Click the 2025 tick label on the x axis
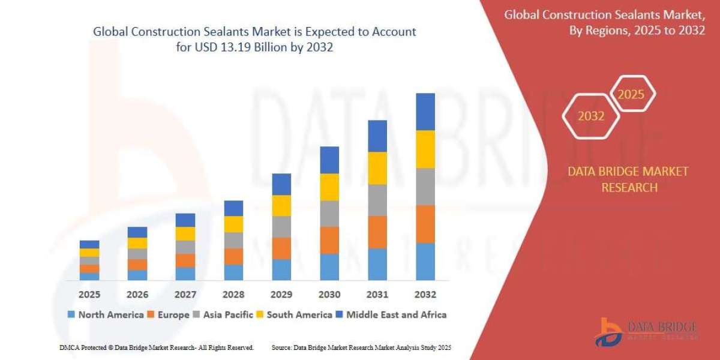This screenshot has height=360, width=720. (89, 295)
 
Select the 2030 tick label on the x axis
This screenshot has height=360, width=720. (329, 295)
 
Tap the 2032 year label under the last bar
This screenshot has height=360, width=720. (425, 295)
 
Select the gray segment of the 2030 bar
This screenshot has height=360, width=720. (329, 214)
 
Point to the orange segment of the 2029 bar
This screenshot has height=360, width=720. (281, 248)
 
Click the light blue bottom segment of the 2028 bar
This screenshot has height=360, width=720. (233, 272)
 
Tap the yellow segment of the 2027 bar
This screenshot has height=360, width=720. (185, 234)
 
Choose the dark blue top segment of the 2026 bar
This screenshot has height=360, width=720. (137, 232)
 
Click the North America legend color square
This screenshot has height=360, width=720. (72, 314)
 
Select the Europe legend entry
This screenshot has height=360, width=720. (170, 314)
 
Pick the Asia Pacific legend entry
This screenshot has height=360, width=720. (223, 314)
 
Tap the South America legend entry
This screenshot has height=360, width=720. (295, 314)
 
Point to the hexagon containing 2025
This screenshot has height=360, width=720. (631, 95)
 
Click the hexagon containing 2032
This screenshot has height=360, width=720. (590, 116)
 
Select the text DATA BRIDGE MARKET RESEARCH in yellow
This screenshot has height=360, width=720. (628, 179)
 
